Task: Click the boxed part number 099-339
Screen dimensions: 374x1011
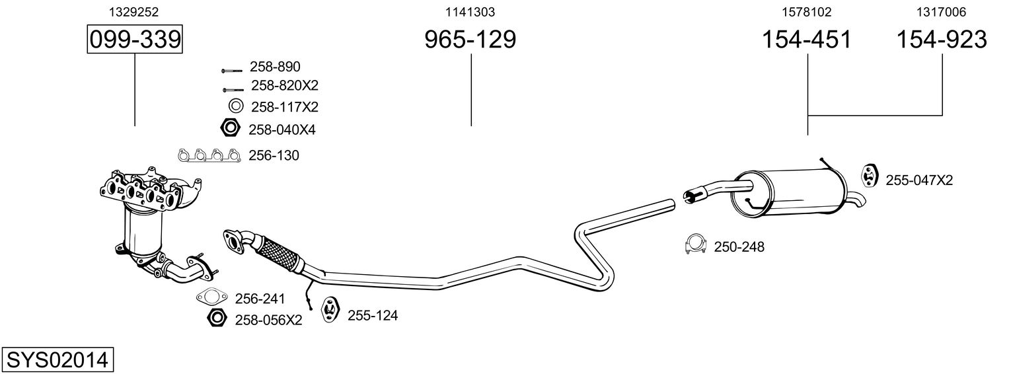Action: click(135, 40)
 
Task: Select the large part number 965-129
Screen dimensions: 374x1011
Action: click(470, 40)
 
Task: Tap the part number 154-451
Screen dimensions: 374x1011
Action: click(807, 40)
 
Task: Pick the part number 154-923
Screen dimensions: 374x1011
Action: click(941, 40)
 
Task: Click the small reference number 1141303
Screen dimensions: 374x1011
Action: click(470, 12)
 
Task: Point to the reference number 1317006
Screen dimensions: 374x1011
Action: click(941, 12)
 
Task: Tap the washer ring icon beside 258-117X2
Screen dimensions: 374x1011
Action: click(235, 106)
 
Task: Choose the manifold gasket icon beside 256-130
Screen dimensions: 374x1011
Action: click(208, 156)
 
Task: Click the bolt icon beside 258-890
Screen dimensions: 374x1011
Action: click(232, 69)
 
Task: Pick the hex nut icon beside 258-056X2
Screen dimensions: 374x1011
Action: click(216, 318)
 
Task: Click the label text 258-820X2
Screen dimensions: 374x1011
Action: click(285, 85)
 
